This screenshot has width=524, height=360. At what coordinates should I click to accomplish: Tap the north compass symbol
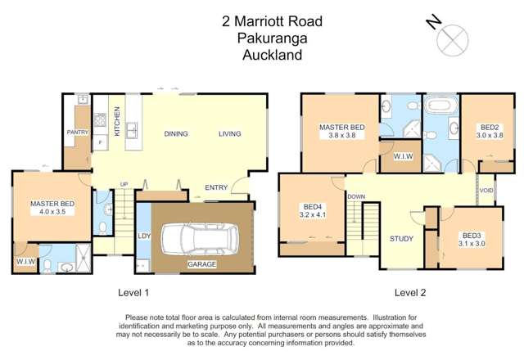point(453,38)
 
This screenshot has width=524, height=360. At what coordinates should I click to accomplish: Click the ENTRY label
point(216,187)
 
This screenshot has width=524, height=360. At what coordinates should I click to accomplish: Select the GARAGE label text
point(202,265)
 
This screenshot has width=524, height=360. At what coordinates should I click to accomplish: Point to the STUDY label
point(401,239)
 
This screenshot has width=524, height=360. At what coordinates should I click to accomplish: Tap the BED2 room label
point(490,128)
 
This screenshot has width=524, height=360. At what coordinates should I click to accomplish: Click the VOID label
point(486,191)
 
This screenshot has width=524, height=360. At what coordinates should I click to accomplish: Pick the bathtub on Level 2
point(440,106)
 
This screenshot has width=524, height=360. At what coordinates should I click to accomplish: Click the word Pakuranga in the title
point(261,38)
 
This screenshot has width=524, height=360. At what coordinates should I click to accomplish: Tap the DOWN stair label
point(355,197)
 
